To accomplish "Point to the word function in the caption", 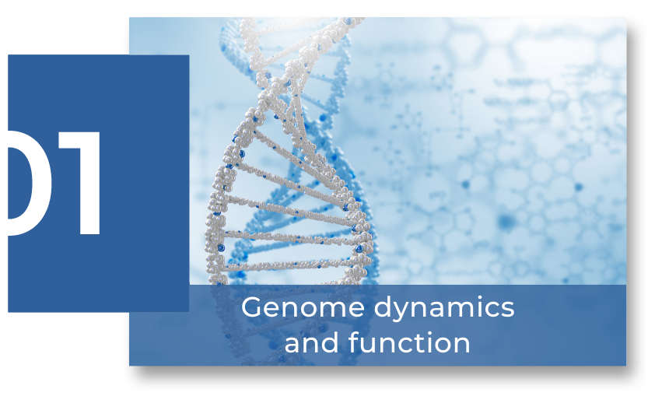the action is pyautogui.click(x=409, y=342).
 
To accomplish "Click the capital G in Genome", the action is pyautogui.click(x=253, y=308).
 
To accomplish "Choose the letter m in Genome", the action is pyautogui.click(x=329, y=310).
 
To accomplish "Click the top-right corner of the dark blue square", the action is pyautogui.click(x=189, y=55).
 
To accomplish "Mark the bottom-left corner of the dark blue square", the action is pyautogui.click(x=9, y=312).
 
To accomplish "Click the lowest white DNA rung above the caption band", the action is pyautogui.click(x=289, y=265).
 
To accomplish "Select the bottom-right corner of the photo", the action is pyautogui.click(x=625, y=366).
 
